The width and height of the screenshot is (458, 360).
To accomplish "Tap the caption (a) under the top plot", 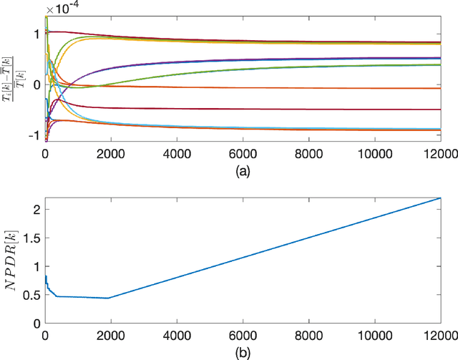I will point(243,172).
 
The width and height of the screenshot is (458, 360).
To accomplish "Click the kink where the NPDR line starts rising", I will point(109,298).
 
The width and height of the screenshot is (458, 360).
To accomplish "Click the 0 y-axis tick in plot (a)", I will point(37,84).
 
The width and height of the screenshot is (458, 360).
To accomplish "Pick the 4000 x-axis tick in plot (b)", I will point(177,334).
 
